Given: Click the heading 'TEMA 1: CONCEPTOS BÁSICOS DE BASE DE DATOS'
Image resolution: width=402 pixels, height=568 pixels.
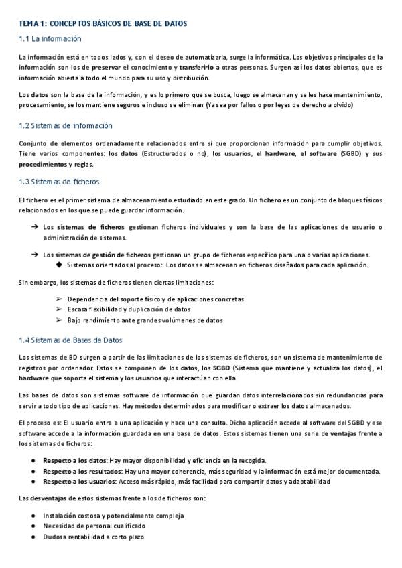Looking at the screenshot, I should pos(103,24).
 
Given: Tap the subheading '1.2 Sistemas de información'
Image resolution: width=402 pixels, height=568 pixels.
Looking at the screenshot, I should pos(66,126).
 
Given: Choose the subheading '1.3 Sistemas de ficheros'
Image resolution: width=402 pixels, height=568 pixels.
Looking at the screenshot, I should pos(60,182).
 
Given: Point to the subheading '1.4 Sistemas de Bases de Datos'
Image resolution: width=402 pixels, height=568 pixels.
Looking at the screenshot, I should pos(71,340).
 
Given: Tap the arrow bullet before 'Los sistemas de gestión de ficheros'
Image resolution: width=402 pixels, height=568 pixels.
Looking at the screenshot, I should pos(33,255).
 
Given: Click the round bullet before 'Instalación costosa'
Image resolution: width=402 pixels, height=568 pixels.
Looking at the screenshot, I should pos(33,516).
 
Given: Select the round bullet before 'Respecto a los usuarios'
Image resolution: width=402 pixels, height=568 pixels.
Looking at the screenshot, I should pos(33,482).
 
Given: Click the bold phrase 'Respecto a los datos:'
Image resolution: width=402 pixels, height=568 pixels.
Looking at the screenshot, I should pos(75,460).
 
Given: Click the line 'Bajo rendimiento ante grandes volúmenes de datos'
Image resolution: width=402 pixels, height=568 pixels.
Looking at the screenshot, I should pos(145,320).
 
